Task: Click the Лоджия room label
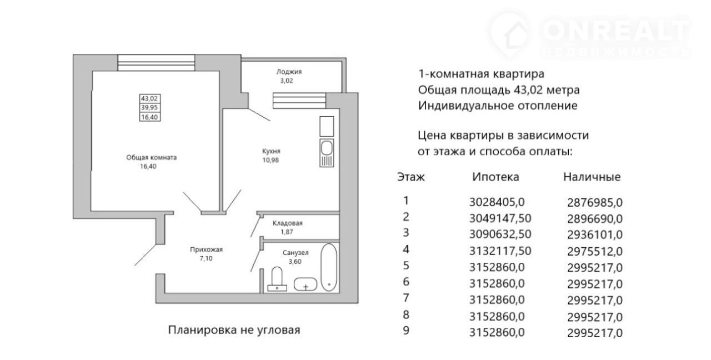pyautogui.click(x=289, y=72)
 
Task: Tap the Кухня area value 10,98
pyautogui.click(x=271, y=160)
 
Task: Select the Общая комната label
pyautogui.click(x=152, y=157)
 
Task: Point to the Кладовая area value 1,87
pyautogui.click(x=287, y=232)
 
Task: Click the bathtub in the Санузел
pyautogui.click(x=328, y=267)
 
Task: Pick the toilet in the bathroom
pyautogui.click(x=277, y=279)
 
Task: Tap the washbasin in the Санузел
pyautogui.click(x=306, y=284)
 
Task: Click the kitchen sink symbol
pyautogui.click(x=327, y=153)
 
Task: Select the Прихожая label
pyautogui.click(x=206, y=249)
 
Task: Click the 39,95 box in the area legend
pyautogui.click(x=149, y=108)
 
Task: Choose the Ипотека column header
pyautogui.click(x=495, y=177)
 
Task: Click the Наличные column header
pyautogui.click(x=592, y=177)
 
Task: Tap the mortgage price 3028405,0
pyautogui.click(x=497, y=202)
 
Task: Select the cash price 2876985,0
pyautogui.click(x=595, y=203)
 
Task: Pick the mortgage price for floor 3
pyautogui.click(x=500, y=234)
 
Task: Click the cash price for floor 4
pyautogui.click(x=595, y=252)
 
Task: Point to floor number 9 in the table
pyautogui.click(x=406, y=331)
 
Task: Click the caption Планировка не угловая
pyautogui.click(x=234, y=330)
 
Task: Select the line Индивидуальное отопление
pyautogui.click(x=497, y=106)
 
